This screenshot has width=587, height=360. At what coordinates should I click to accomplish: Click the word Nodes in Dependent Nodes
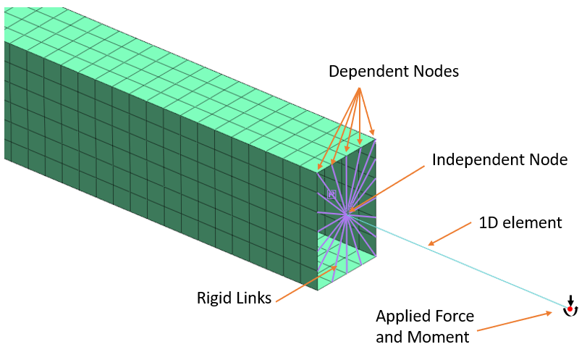click(x=433, y=72)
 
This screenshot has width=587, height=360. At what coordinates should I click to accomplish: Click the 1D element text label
click(x=520, y=223)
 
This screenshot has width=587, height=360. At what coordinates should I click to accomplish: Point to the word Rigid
click(x=214, y=298)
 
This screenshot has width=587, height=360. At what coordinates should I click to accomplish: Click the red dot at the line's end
click(x=570, y=309)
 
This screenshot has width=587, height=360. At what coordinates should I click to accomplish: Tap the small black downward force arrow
click(x=570, y=300)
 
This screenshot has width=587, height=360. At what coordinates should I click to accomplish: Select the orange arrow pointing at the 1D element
click(x=448, y=235)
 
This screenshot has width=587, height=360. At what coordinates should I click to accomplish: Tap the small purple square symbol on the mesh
click(x=331, y=193)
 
